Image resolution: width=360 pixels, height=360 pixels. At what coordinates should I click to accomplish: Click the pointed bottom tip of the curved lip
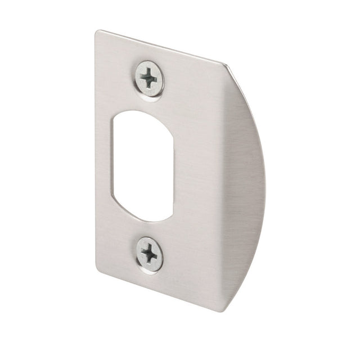coord(225,310)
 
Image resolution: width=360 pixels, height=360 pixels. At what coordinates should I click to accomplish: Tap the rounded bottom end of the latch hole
coord(145,217)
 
